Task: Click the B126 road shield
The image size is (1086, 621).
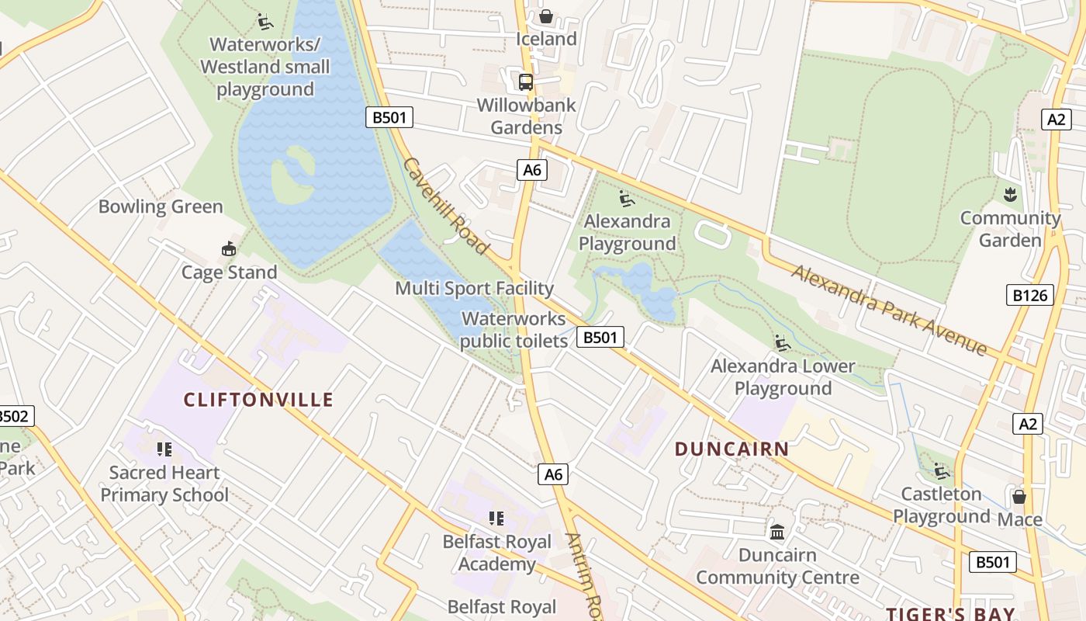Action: coord(1030,295)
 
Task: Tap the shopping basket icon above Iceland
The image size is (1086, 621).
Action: coord(546,16)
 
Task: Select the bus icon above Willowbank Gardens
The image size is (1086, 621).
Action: coord(526,82)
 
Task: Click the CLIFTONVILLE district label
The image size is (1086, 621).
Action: coord(258,400)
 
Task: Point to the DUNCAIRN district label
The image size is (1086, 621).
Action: coord(731,449)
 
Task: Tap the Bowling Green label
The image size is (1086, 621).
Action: coord(161,206)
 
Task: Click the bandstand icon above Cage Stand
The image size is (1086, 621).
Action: coord(229,249)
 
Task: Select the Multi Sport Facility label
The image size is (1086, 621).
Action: coord(475,289)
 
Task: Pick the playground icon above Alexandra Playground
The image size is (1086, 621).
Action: coord(627,199)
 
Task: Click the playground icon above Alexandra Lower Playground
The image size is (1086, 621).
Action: coord(782,343)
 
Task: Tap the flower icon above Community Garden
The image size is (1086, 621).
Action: coord(1010,194)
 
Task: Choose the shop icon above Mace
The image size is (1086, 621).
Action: coord(1019,496)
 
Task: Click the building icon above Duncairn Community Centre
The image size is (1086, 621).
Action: coord(777,533)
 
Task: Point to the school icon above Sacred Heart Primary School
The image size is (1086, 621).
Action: coord(164,449)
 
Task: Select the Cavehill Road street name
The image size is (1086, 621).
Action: coord(446,206)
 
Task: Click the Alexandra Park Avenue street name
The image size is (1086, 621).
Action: coord(889,310)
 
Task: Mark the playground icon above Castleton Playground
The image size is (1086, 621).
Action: coord(942,471)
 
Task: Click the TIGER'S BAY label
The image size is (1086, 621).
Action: coord(950,614)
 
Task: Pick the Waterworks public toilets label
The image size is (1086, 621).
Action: coord(514,330)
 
